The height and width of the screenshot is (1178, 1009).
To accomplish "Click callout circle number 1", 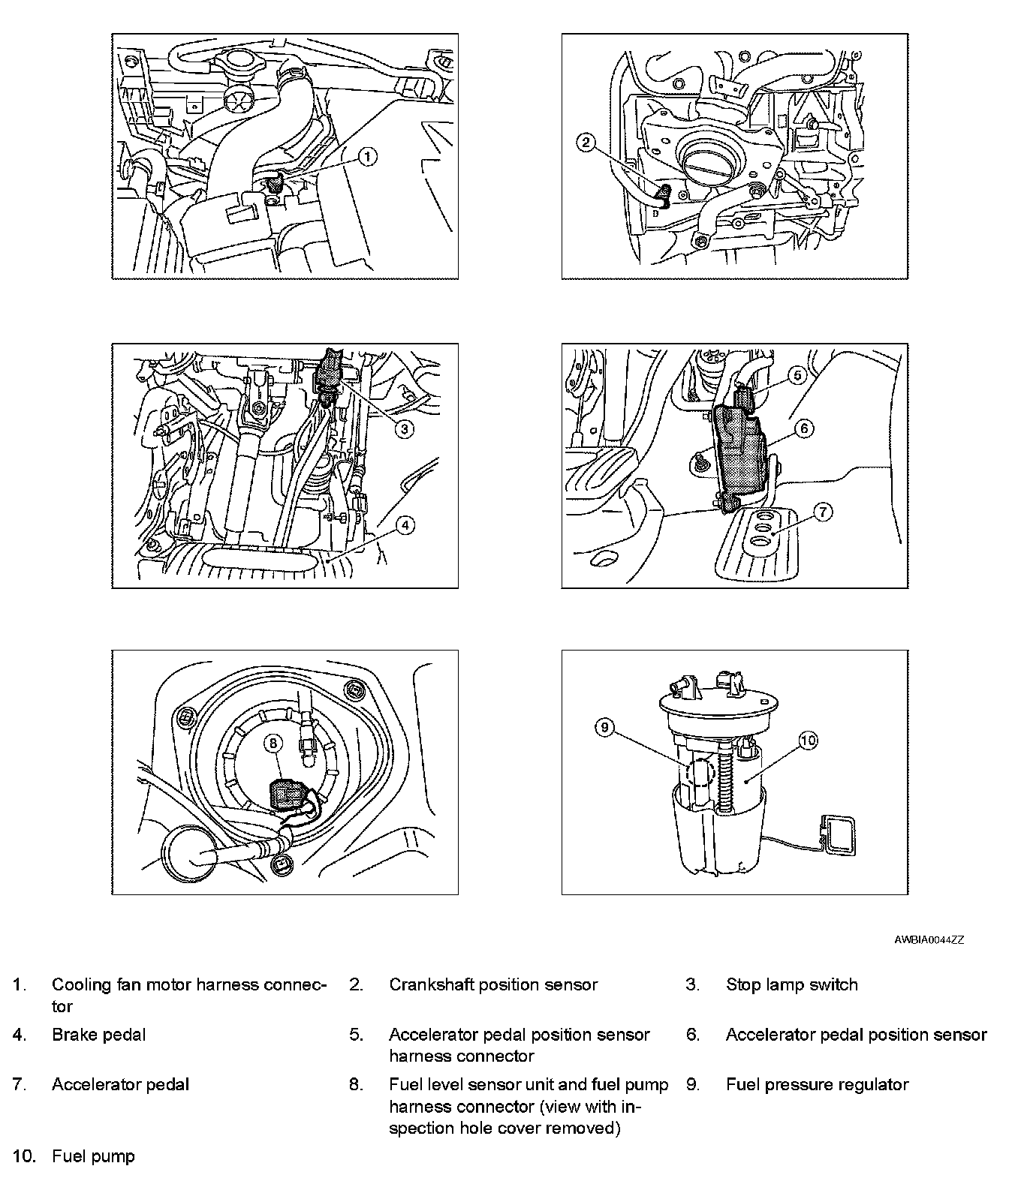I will coord(366,156).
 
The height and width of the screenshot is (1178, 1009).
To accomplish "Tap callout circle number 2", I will coord(587,143).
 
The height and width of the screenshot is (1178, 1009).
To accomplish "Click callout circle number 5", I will coord(797,374).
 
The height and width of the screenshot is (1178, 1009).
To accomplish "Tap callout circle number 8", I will coord(273,743).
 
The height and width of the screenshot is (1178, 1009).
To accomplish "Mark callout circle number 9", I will coord(605,726).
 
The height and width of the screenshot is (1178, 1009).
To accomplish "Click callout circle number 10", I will coord(807,741).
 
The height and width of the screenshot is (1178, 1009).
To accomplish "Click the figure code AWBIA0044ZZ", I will coord(929,939).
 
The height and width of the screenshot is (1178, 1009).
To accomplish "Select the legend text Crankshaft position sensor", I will coord(493,984).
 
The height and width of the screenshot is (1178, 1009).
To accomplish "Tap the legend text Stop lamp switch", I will coord(791,984).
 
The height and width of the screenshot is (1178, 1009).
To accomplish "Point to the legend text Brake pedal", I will coord(98,1035).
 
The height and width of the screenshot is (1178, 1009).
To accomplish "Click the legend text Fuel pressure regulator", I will coord(817,1085).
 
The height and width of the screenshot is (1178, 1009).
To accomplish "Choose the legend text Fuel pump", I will coord(93,1156).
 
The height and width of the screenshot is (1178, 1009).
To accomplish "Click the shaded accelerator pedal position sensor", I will coord(741,452).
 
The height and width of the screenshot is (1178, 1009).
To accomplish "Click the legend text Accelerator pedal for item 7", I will coord(120,1085).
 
